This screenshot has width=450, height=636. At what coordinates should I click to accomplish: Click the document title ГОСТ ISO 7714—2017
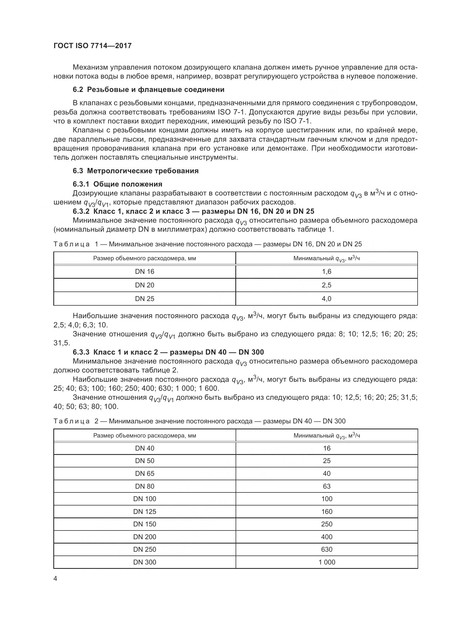92,46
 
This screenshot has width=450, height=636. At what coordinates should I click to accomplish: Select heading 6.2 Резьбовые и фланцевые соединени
149,89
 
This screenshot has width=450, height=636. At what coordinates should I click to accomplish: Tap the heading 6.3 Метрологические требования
135,171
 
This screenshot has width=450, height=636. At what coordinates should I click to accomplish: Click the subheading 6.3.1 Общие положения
118,184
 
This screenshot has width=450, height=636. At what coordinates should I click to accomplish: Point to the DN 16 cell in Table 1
144,271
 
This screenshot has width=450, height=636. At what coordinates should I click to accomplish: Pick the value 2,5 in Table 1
326,285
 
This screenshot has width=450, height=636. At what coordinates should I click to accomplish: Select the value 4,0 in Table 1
326,299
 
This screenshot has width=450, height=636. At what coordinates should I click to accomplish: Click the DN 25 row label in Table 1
144,299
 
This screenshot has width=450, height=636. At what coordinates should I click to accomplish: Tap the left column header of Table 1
144,258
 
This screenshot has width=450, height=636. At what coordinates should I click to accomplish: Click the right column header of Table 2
326,436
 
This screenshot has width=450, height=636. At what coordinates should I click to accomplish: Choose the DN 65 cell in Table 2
144,473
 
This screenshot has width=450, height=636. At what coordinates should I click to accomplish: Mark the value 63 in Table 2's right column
326,486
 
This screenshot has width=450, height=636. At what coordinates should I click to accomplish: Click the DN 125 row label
144,511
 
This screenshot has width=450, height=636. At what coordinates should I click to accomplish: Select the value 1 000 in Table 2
326,562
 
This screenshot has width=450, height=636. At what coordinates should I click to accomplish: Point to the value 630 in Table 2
326,549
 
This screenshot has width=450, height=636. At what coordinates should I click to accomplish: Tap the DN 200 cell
144,537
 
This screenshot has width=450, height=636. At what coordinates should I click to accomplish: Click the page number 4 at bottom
56,579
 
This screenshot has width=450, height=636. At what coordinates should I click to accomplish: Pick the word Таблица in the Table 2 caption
72,421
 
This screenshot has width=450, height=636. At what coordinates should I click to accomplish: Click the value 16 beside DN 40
326,448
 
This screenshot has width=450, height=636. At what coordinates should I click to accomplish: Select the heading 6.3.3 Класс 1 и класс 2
168,352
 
